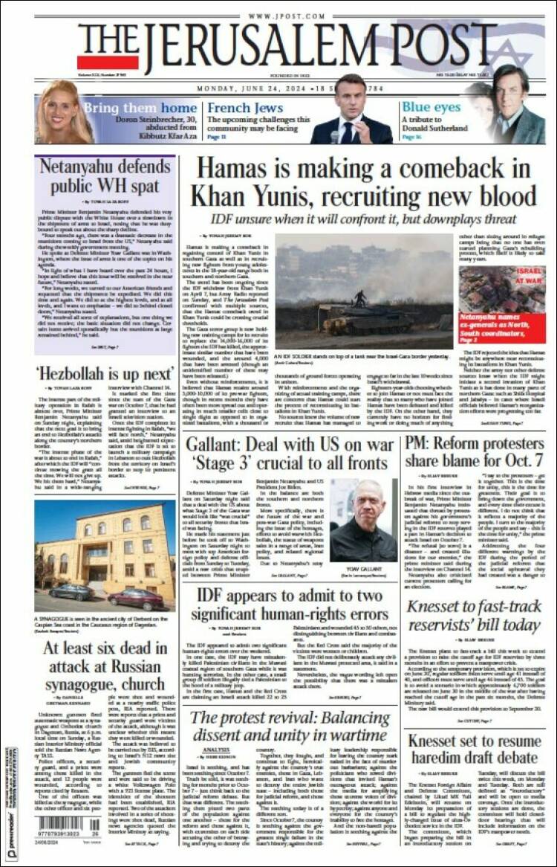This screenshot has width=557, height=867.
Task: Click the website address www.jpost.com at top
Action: [278, 16]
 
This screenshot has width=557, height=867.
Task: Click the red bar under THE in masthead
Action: [108, 62]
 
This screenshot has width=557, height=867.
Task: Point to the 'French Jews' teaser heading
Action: [235, 109]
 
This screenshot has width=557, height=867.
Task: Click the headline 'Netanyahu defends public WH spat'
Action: [105, 175]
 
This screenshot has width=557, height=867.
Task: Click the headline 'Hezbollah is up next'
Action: [105, 372]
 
